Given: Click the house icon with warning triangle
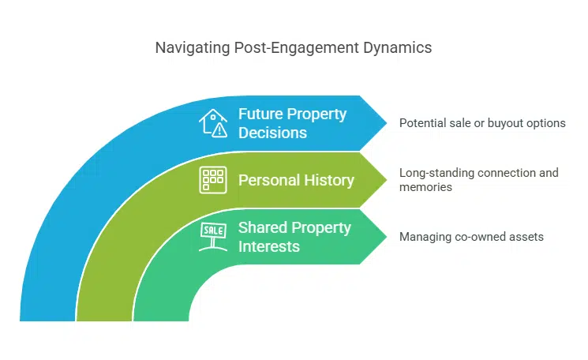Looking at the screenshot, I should coord(214,123).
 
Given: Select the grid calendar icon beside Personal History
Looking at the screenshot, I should coord(212,180).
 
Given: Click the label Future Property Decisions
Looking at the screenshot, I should coord(292,123).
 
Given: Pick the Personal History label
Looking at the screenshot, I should coord(296,180).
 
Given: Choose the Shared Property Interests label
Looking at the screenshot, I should coord(294,237).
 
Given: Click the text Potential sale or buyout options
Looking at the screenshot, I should coord(482,123).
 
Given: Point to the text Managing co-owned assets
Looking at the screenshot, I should coord(471,237).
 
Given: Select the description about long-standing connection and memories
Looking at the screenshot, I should coord(478,179).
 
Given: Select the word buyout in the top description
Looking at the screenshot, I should coord(507,123).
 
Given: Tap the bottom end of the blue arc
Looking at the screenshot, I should coord(47,316).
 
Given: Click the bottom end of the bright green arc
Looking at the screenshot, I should coord(160,316).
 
